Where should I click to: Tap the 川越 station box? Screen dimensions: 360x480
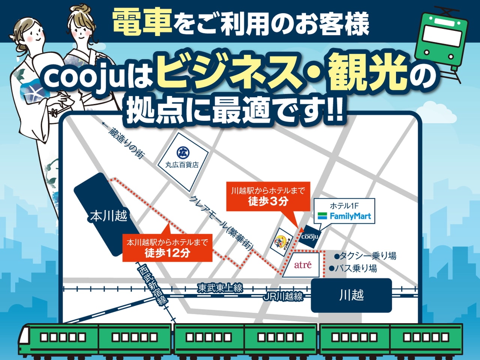[x=351, y=295]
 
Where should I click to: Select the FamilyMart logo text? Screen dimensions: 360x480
[x=350, y=216]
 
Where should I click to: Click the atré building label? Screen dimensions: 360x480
[x=303, y=265]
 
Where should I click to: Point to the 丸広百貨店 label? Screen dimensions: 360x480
[x=182, y=164]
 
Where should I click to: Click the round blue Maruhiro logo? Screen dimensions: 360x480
[x=183, y=152]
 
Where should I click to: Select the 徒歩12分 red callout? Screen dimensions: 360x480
[x=167, y=247]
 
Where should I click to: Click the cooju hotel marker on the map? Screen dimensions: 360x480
[x=310, y=236]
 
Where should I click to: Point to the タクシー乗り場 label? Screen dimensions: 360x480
[x=366, y=256]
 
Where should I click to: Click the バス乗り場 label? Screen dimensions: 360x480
[x=353, y=268]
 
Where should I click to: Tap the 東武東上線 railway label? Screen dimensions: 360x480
[x=220, y=288]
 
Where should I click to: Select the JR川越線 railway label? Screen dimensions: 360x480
[x=283, y=297]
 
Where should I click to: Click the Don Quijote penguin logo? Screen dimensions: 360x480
[x=282, y=242]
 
